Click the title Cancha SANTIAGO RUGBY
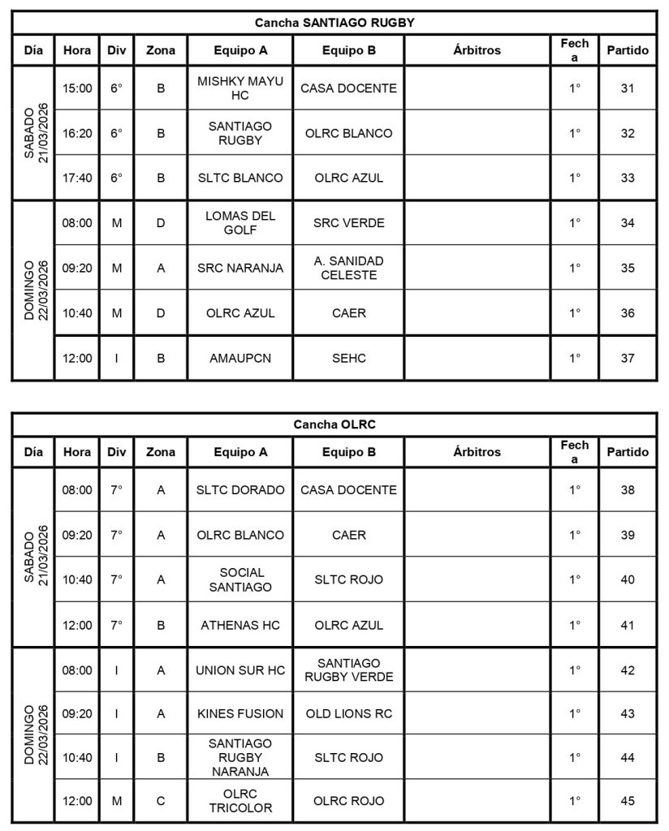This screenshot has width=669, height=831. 334,23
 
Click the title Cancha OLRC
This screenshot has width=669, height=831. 334,424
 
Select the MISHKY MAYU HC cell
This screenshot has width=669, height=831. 240,88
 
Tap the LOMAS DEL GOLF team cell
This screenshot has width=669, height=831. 240,223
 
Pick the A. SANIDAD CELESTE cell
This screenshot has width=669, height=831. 349,268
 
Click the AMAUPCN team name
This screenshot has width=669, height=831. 240,358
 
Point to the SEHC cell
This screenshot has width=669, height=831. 349,358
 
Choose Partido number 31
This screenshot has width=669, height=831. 628,88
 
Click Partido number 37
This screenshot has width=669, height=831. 628,358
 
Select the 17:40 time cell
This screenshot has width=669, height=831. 77,178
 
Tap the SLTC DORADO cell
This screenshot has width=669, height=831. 240,490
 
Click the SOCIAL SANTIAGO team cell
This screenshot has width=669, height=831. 240,579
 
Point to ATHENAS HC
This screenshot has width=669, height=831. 240,625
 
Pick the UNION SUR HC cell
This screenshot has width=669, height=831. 240,670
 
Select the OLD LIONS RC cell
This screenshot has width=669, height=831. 349,714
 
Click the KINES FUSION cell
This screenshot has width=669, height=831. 240,714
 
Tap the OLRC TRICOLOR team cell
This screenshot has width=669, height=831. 240,801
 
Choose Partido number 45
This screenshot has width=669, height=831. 628,801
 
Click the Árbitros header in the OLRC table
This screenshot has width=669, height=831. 477,452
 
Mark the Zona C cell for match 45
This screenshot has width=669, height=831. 161,801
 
